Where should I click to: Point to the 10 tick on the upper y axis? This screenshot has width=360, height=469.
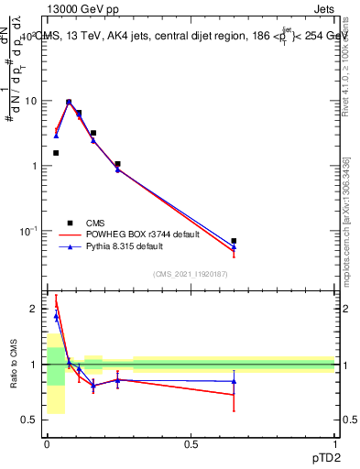[34, 101]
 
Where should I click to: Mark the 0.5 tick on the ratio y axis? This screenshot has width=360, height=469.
[33, 420]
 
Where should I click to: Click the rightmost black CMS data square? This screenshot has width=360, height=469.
[234, 241]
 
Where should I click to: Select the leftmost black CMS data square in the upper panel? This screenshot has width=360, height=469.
[56, 153]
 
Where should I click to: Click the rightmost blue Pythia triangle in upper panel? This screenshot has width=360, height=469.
[234, 247]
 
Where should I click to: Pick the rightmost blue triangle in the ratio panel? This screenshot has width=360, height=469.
[234, 381]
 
